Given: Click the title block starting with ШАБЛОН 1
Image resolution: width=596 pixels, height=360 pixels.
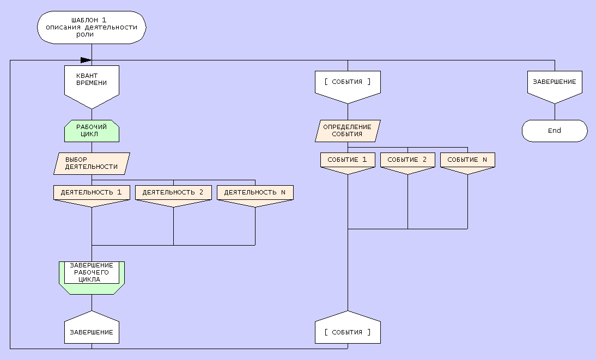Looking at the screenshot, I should pos(92,27).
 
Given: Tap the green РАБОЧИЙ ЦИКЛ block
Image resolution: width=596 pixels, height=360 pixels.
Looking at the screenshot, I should pos(92,131).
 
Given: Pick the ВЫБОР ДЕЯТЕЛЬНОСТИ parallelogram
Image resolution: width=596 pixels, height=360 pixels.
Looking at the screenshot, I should pos(92,163).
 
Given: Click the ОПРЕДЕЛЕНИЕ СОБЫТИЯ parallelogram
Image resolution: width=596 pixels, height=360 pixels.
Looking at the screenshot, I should pos(348,131).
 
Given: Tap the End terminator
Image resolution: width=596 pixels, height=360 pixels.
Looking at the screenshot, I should pos(555,131).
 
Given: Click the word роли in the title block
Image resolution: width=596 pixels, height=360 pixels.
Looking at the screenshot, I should pos(85,34).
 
